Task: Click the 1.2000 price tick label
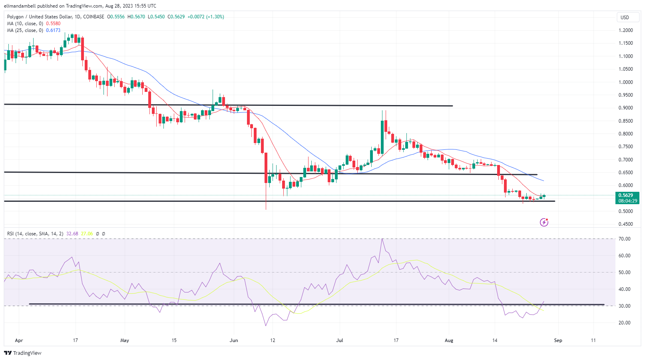pos(625,30)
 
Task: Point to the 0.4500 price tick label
pos(625,224)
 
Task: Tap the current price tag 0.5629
pos(625,195)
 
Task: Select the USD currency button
pos(625,17)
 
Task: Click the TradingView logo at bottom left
pos(23,353)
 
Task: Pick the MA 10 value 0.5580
pos(53,24)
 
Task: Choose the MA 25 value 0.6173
pos(53,30)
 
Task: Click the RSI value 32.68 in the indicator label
pos(72,234)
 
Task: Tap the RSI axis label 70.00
pos(624,239)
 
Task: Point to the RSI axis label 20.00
pos(624,323)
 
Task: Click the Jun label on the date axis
pos(234,340)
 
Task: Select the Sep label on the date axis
pos(558,340)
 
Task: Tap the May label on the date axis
pos(125,340)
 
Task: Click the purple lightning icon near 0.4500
pos(544,222)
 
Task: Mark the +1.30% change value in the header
pos(215,17)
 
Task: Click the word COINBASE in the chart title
pos(94,17)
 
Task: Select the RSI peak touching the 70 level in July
pos(382,239)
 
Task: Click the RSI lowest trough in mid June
pos(266,325)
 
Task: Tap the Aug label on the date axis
pos(449,340)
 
